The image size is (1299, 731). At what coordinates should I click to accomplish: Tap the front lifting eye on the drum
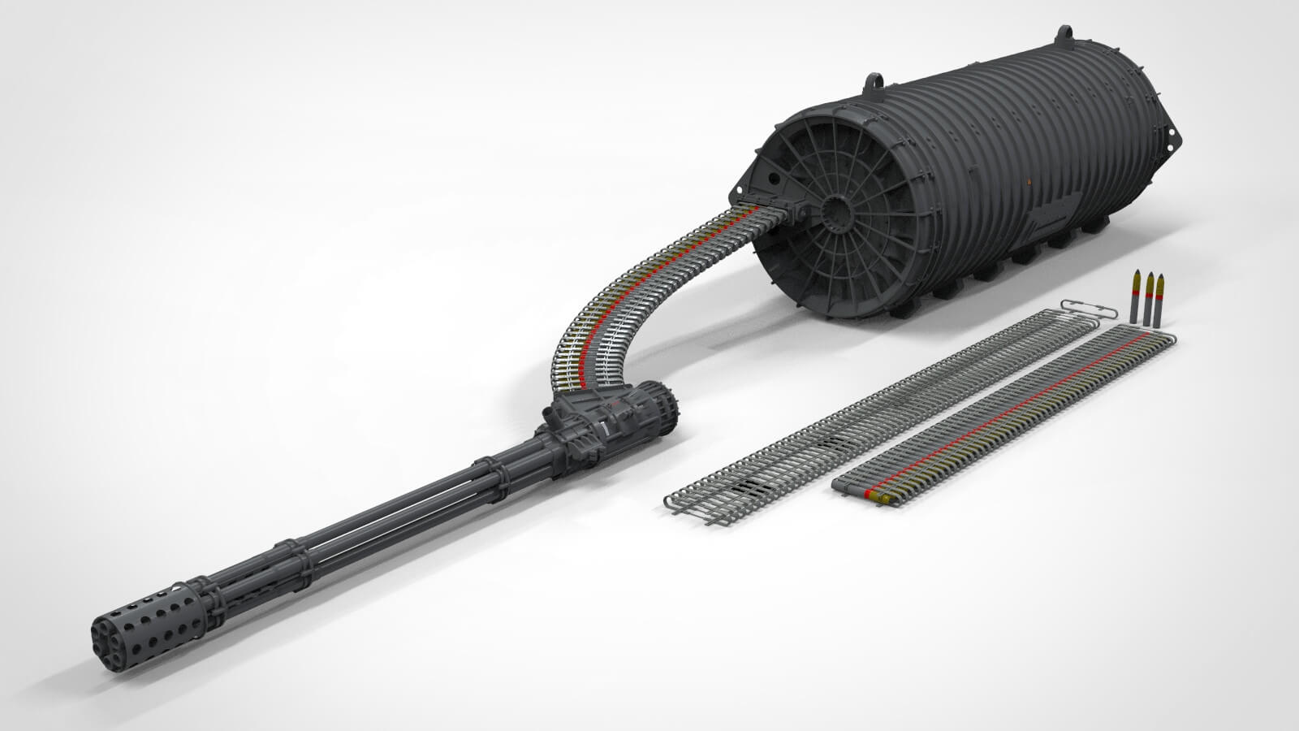coord(875,82)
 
